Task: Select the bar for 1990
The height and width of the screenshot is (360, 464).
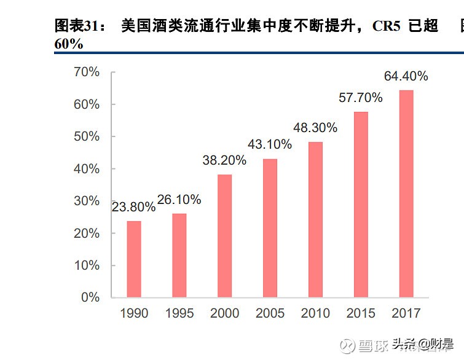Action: coord(134,259)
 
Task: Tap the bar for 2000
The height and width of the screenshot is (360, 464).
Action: coord(224,236)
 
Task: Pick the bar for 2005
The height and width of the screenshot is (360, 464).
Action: coord(270,228)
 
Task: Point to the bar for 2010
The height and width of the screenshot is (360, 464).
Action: coord(315,220)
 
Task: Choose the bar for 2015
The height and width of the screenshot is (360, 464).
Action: coord(361,205)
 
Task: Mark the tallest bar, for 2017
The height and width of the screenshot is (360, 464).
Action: coord(406,194)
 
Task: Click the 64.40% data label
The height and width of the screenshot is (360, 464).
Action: coord(406,77)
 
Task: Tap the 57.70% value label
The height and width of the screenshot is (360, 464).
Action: coord(360,98)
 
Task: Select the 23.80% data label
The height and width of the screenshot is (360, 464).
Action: coord(133,207)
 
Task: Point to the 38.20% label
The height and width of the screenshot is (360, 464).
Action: coord(224,161)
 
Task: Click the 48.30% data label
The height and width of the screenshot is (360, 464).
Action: coord(315,128)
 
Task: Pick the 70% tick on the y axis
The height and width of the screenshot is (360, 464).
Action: coord(86,72)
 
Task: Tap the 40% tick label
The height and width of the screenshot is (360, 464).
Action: coord(86,169)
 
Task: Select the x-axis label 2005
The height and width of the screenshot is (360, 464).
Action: coord(270,314)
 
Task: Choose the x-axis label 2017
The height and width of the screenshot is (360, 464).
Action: coord(406,314)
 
